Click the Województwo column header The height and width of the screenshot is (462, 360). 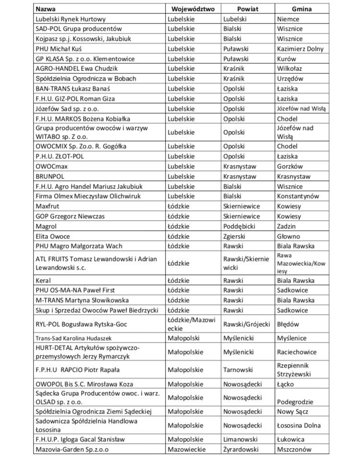193,9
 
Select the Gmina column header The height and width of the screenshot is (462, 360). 301,9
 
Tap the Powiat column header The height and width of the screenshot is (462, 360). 248,9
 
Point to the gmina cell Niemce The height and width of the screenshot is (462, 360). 288,19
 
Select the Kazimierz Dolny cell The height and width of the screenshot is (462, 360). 300,49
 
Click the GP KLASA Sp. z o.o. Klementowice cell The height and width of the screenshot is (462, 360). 85,59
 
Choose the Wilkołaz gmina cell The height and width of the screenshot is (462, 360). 289,69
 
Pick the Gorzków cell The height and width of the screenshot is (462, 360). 290,166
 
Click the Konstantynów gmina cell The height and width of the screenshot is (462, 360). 298,196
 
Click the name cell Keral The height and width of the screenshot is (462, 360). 43,280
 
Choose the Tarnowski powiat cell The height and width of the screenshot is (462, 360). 239,369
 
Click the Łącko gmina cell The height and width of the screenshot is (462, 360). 286,384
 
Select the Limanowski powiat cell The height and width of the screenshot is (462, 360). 241,439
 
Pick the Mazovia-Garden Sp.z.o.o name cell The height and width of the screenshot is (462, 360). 72,450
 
